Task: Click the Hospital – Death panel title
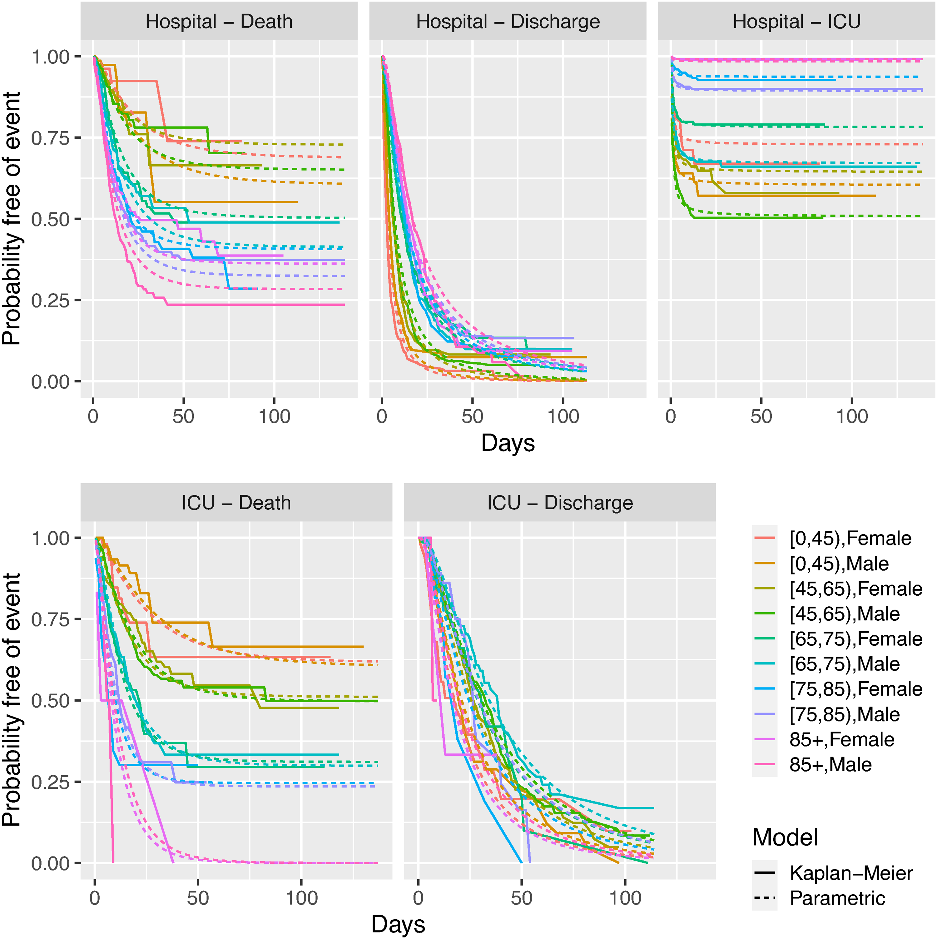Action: coord(219,22)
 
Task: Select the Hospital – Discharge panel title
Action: coord(508,22)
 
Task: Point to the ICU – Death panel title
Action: coord(236,503)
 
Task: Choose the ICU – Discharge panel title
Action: coord(560,503)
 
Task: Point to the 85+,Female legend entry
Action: coord(824,740)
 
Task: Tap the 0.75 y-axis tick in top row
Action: coord(50,138)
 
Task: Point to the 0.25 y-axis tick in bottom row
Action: coord(50,782)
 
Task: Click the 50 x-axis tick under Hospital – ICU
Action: coord(761,416)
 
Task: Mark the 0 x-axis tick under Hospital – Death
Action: coord(93,416)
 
